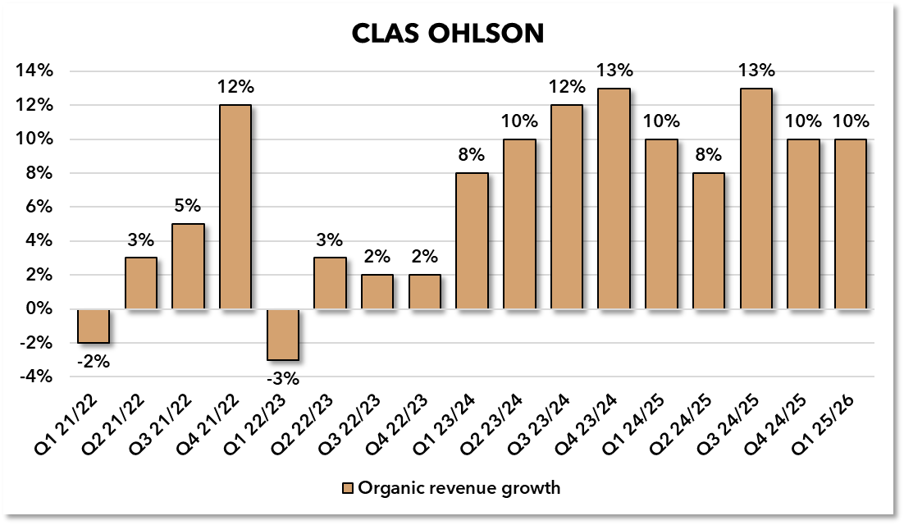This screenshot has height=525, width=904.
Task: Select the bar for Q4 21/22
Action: click(x=235, y=207)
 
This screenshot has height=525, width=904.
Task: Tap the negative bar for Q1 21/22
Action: click(x=94, y=326)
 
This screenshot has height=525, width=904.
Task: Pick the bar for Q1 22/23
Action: click(x=283, y=334)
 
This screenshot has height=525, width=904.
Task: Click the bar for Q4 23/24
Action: click(x=614, y=199)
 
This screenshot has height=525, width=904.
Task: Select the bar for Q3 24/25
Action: click(x=756, y=199)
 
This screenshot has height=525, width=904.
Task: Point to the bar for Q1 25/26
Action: click(x=850, y=224)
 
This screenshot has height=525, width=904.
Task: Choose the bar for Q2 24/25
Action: click(x=709, y=240)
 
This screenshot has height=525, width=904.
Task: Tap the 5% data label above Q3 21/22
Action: click(x=188, y=207)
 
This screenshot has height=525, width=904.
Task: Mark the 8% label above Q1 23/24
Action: click(x=472, y=155)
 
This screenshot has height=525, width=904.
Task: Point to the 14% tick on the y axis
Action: click(x=35, y=71)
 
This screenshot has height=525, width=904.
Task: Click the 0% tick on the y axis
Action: click(x=39, y=309)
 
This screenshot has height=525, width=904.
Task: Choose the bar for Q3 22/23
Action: click(x=377, y=292)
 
